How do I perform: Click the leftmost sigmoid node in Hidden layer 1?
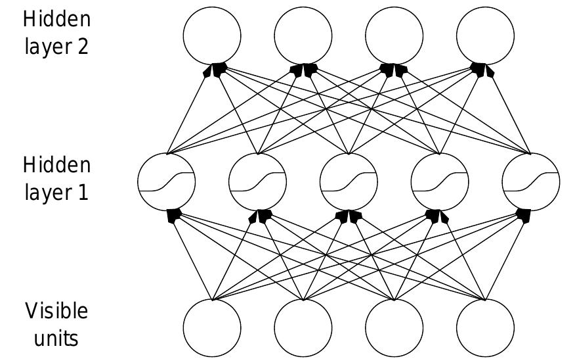(167, 181)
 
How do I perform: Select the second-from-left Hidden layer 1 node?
(258, 181)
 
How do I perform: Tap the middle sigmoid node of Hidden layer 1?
(349, 181)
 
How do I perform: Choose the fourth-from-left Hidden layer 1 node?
(440, 181)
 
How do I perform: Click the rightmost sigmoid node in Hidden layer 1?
(531, 181)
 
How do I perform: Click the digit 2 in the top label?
(83, 47)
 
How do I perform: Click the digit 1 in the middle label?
(83, 192)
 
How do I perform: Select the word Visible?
(57, 311)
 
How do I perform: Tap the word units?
(56, 339)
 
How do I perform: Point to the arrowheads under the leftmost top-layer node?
(215, 70)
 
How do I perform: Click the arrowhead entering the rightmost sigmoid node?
(523, 216)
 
